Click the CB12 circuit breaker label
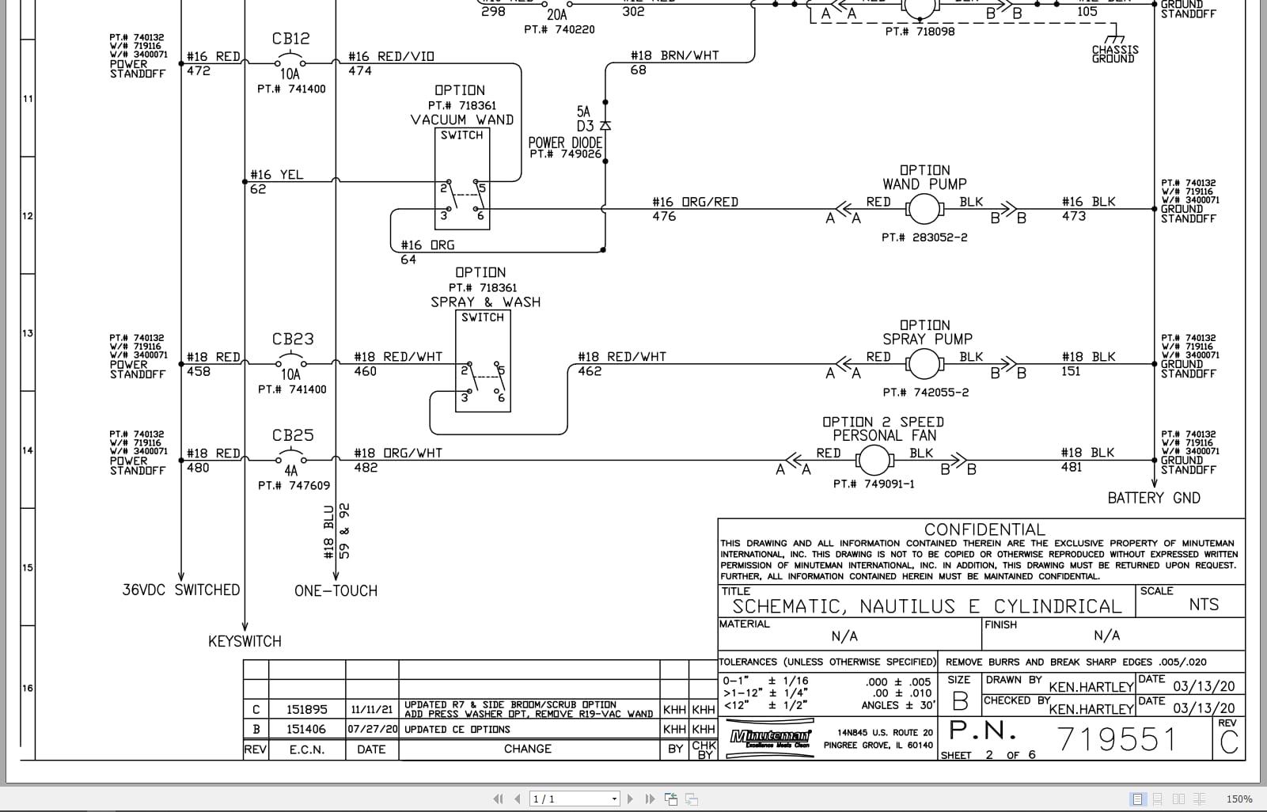290,39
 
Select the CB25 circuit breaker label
292,435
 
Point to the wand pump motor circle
922,210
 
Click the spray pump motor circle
922,365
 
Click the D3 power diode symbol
605,126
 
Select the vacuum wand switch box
462,179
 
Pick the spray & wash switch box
483,361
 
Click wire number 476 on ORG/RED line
664,216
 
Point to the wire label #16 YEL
276,175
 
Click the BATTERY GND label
1153,498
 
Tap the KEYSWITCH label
245,641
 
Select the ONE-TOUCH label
336,590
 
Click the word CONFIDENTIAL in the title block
984,529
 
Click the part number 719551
1117,739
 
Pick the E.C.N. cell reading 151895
306,709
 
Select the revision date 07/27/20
371,729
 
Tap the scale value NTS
1203,605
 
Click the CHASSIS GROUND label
1114,54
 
